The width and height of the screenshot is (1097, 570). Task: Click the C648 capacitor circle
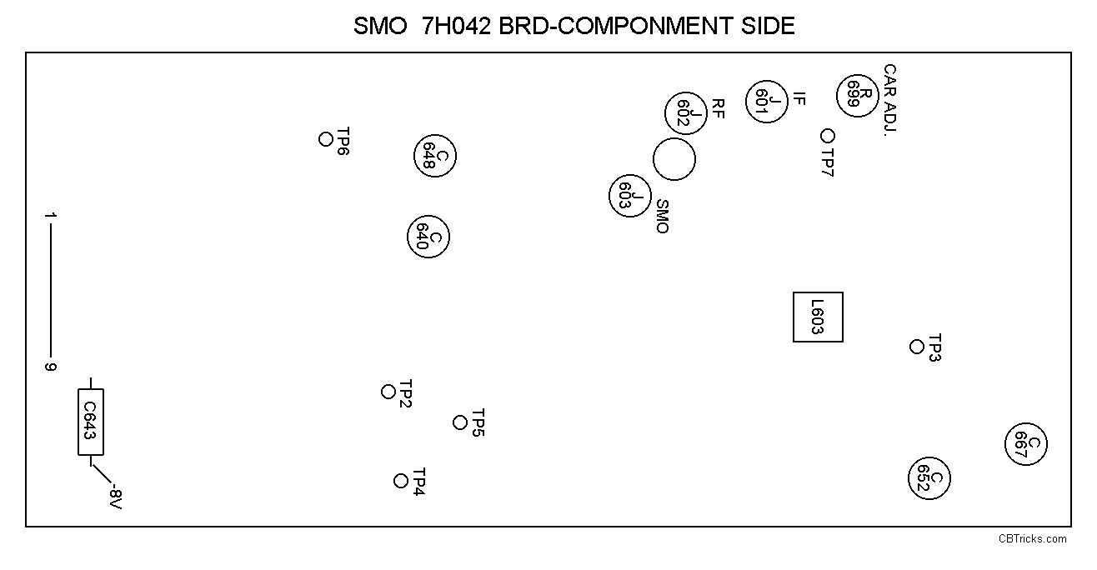[x=435, y=155]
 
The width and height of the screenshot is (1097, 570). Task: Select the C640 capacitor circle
[x=428, y=237]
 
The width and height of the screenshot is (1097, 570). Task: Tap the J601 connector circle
[x=766, y=102]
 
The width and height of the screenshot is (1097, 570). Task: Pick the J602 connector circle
[x=685, y=112]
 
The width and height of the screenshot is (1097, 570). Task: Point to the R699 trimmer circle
[x=859, y=92]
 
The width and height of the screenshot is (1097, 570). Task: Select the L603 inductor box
[x=818, y=317]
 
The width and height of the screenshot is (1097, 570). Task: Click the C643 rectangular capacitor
[x=91, y=422]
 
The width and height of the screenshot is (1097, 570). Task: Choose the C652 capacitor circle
[x=929, y=477]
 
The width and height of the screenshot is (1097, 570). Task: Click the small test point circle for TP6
[x=326, y=139]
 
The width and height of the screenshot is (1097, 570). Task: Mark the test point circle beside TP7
[x=828, y=135]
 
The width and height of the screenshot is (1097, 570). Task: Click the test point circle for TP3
[x=917, y=347]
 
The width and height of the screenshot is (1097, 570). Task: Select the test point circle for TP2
[x=388, y=392]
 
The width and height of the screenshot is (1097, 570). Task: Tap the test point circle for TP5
[x=460, y=422]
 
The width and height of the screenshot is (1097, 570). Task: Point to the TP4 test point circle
[x=401, y=481]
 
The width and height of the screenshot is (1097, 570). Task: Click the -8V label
[x=115, y=498]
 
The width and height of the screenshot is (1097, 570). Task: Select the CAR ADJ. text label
[x=890, y=100]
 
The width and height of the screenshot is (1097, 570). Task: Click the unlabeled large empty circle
[x=674, y=158]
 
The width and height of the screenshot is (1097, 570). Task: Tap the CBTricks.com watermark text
[x=1032, y=538]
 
